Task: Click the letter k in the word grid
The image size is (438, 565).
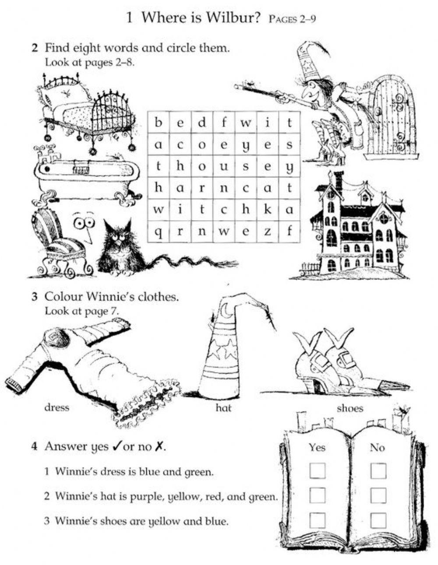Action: click(268, 209)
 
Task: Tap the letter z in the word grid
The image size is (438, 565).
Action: click(268, 231)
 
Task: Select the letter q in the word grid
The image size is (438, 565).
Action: click(158, 232)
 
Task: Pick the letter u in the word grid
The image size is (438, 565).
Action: click(224, 166)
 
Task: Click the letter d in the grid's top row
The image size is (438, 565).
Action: click(202, 122)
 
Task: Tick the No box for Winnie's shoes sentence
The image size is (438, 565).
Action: click(378, 520)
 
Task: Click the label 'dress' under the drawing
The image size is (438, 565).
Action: click(57, 408)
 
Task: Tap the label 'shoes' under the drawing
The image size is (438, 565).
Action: click(350, 408)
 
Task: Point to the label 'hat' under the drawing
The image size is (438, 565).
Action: click(223, 408)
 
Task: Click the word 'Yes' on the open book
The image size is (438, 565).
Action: click(317, 447)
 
